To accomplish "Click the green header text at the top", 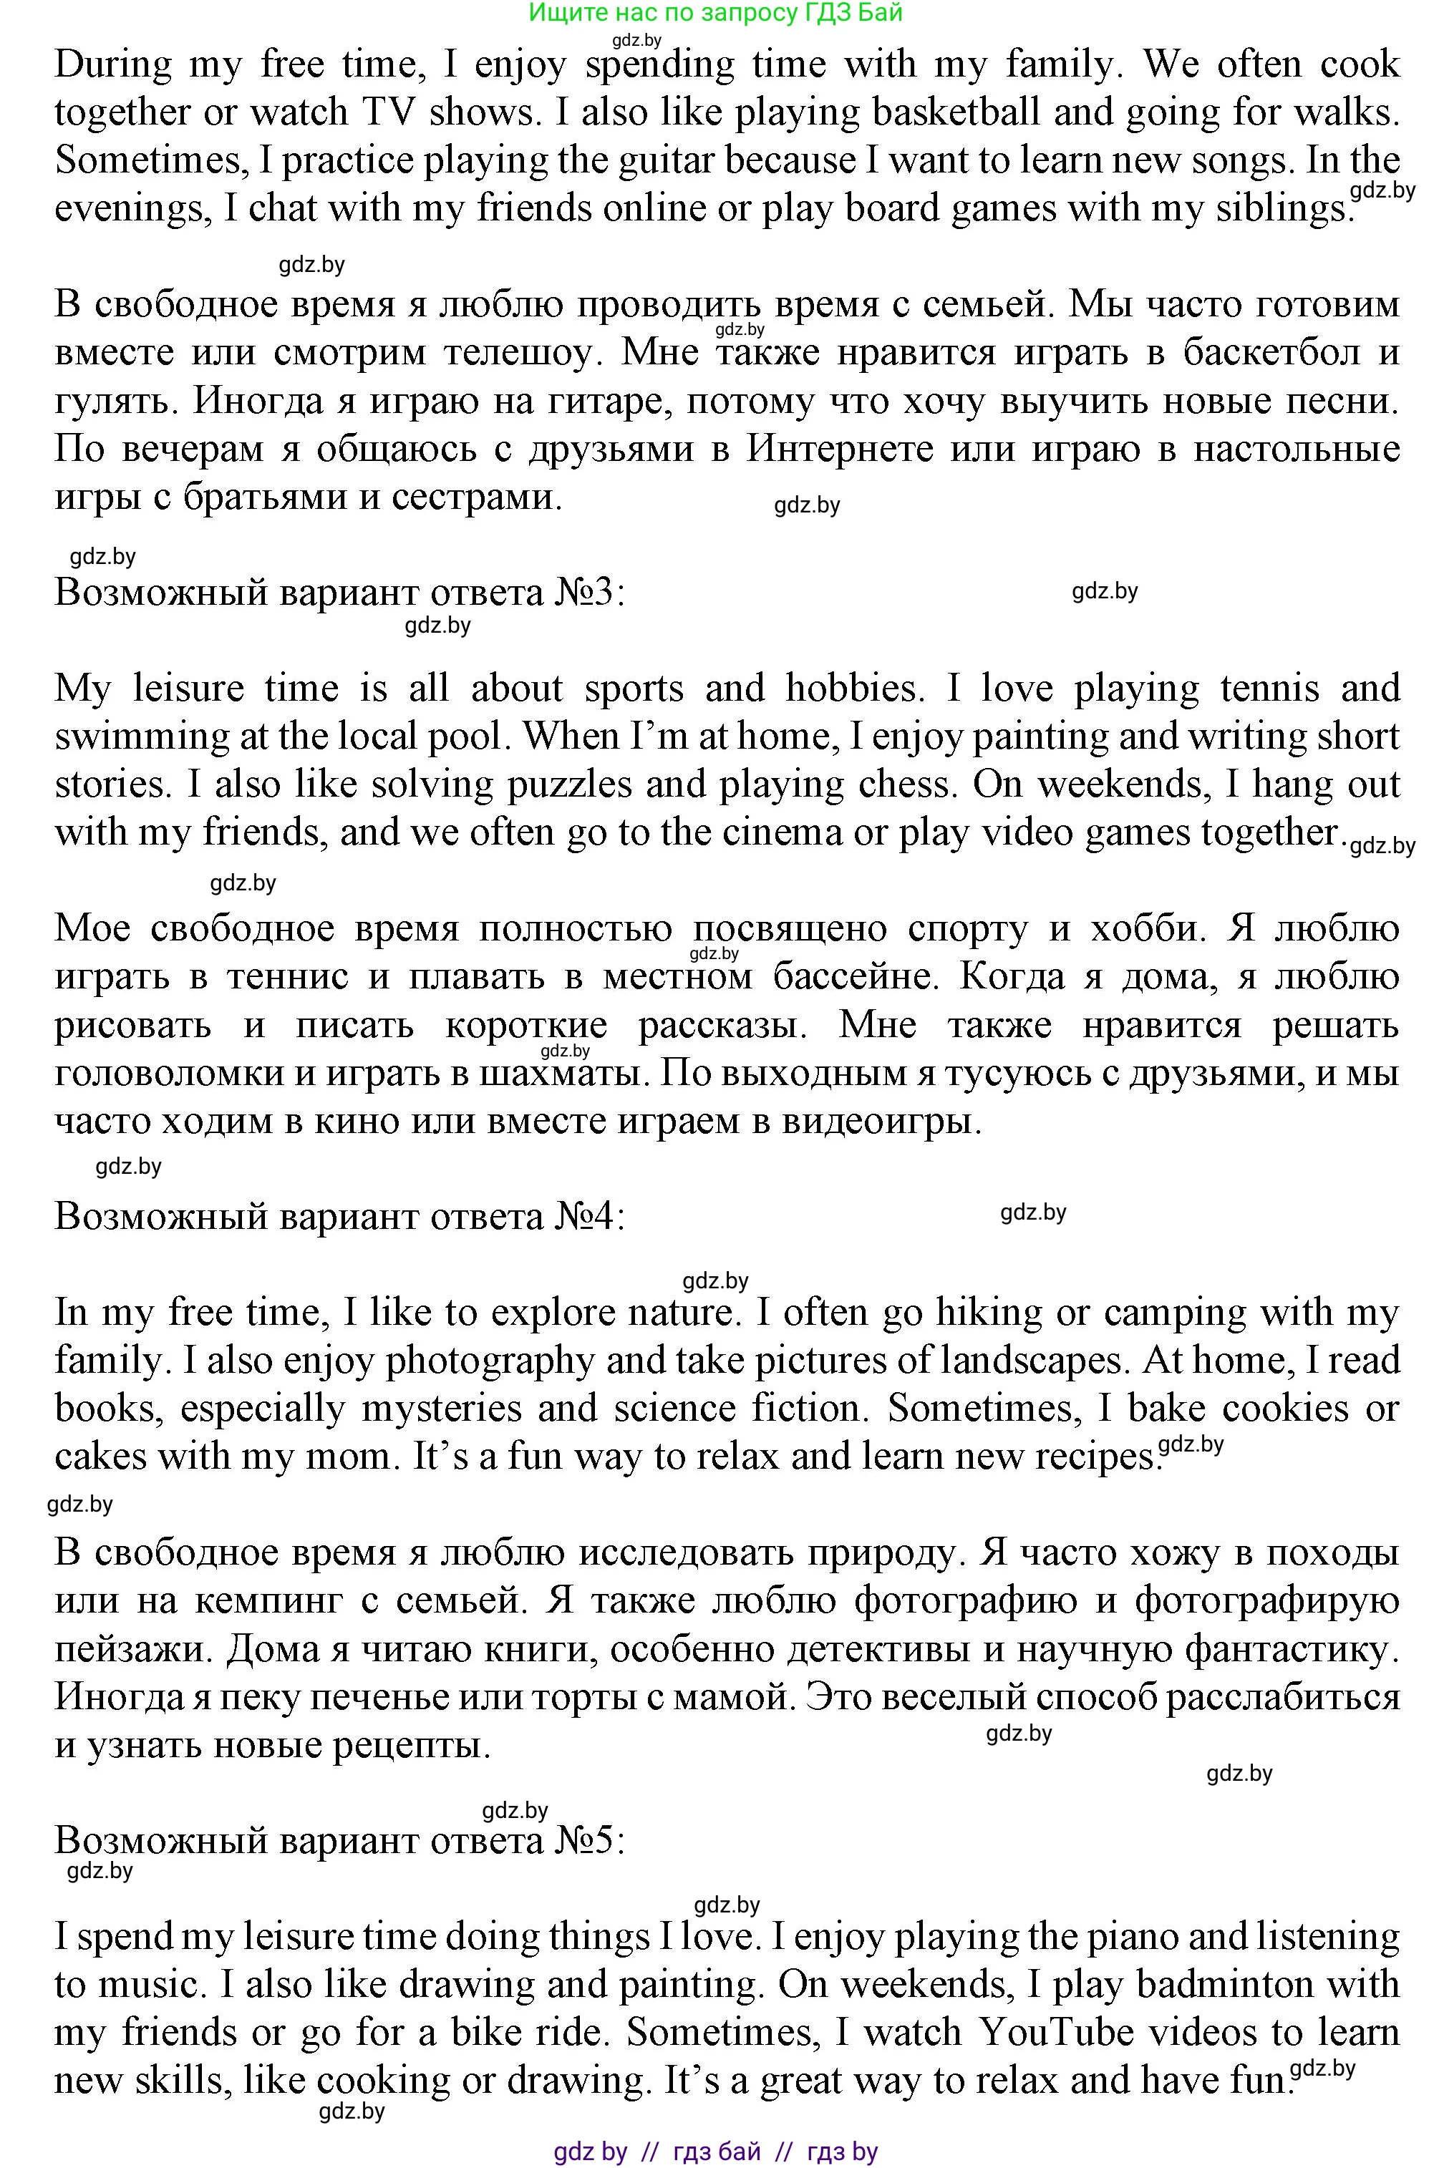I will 716,12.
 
